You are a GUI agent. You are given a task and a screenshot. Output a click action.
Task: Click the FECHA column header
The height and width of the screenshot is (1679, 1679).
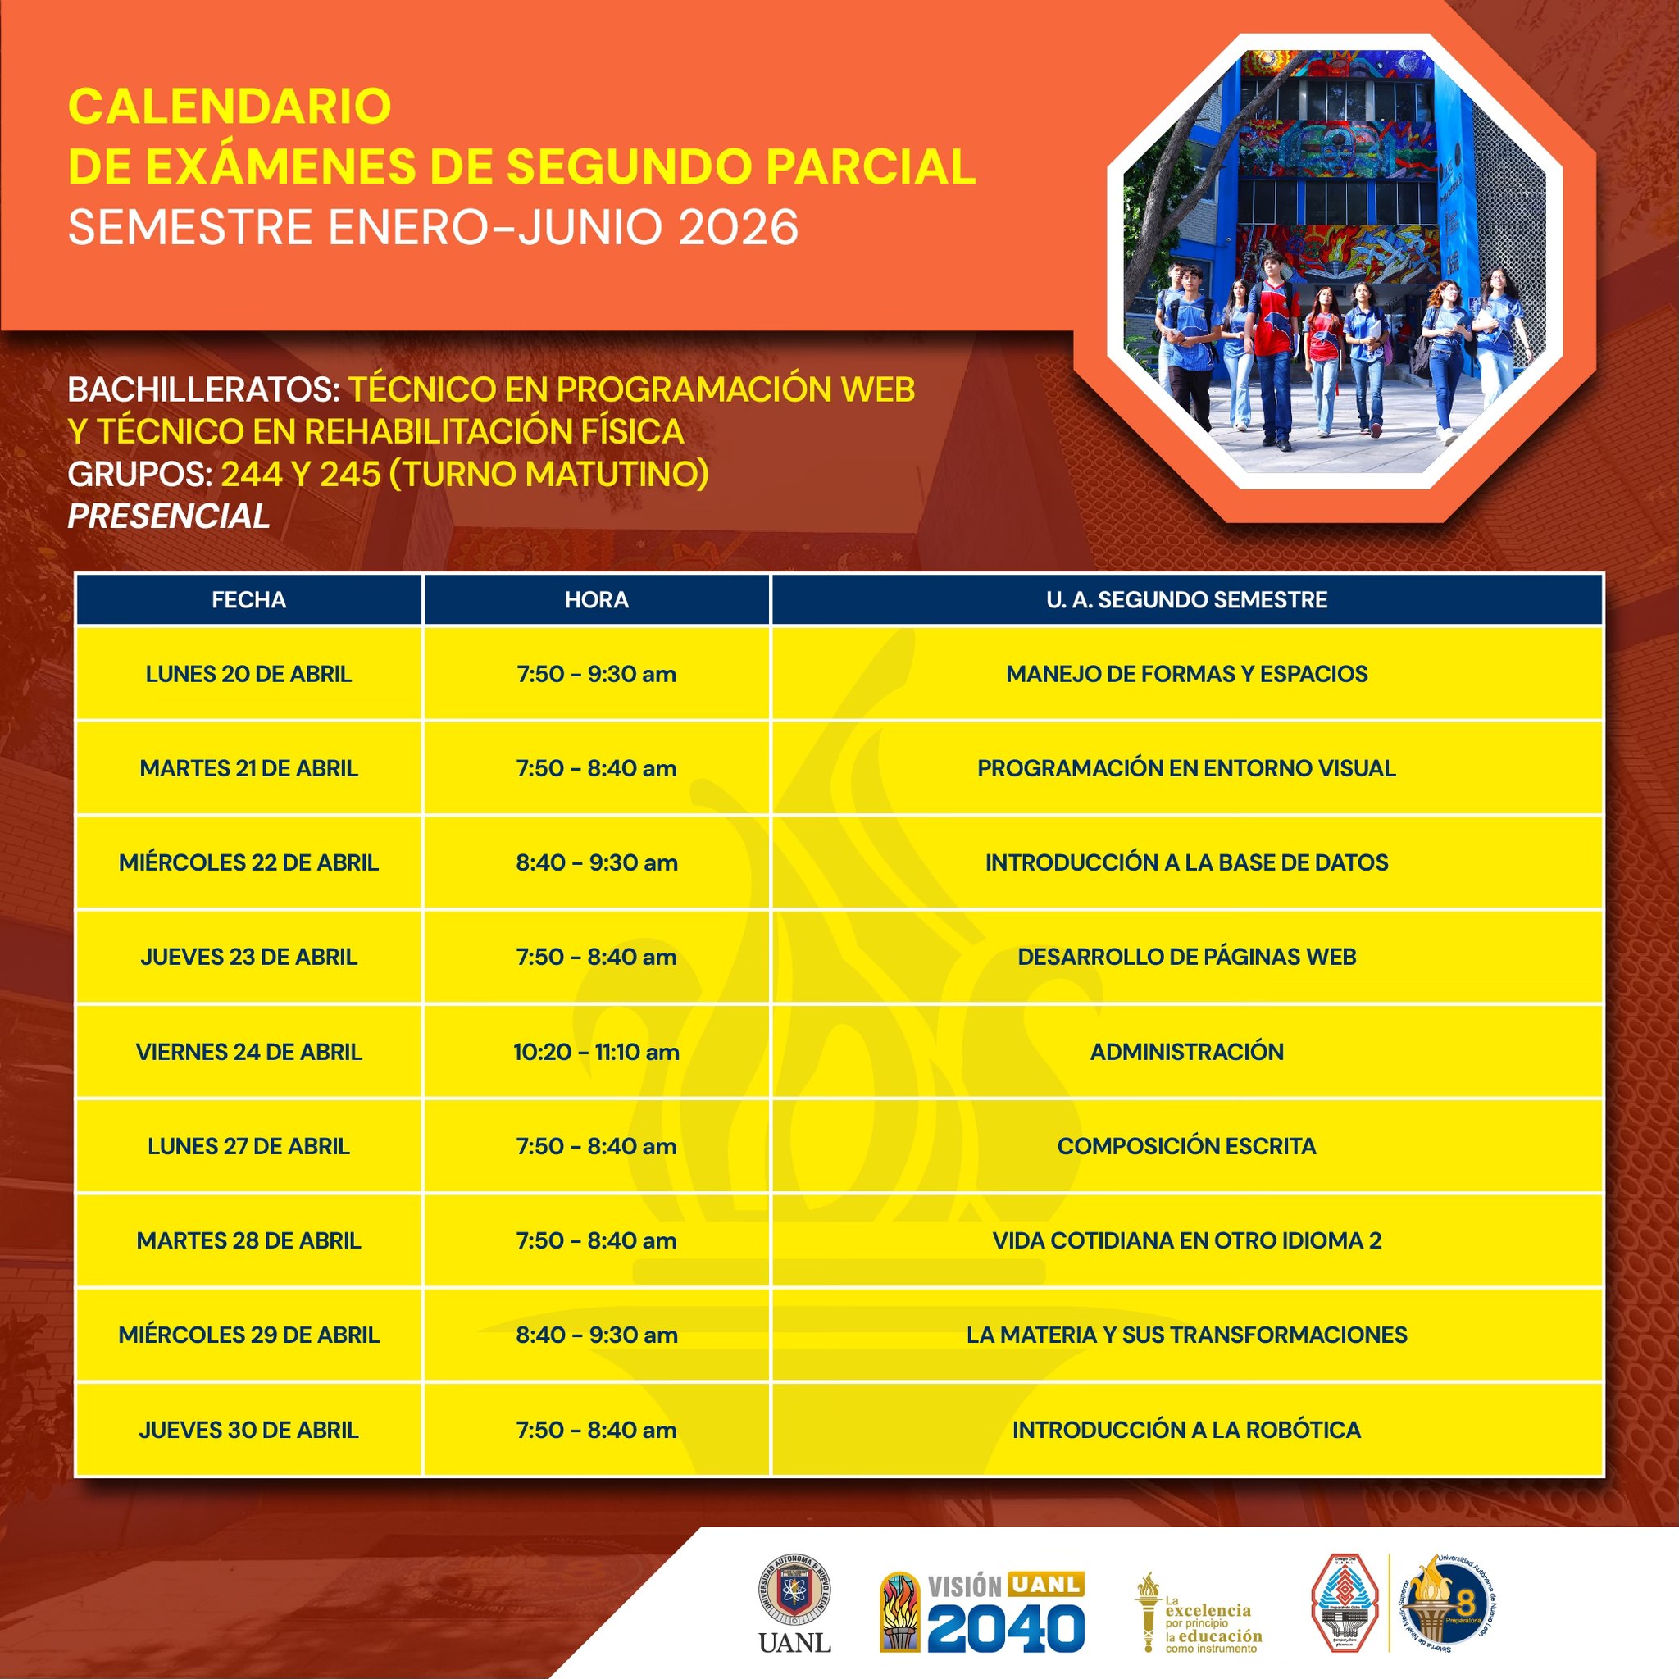tap(248, 599)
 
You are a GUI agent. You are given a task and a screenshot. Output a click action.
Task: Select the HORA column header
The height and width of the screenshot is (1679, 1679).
tap(596, 599)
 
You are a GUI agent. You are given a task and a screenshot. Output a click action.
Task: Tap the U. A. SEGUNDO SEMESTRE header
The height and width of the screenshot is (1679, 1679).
tap(1186, 599)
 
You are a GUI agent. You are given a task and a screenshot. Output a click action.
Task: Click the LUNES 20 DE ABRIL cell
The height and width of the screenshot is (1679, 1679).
tap(248, 674)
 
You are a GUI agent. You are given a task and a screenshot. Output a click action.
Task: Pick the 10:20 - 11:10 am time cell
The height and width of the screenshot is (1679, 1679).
tap(596, 1052)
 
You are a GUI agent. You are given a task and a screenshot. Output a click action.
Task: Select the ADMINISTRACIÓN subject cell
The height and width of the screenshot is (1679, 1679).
tap(1186, 1052)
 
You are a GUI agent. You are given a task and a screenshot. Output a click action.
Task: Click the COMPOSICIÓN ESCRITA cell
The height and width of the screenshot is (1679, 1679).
tap(1186, 1146)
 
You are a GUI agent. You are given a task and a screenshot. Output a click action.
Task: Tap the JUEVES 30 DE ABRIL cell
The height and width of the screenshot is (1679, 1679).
tap(248, 1430)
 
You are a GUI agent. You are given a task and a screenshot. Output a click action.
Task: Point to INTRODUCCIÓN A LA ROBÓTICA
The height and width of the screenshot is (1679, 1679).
tap(1186, 1430)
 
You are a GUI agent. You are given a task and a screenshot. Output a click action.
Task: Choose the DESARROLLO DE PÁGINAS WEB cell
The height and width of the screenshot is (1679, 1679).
tap(1186, 957)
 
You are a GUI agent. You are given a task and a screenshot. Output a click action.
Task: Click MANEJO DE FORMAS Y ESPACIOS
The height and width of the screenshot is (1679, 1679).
tap(1186, 674)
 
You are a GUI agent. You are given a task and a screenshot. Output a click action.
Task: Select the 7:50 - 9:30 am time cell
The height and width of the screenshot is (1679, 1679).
tap(596, 674)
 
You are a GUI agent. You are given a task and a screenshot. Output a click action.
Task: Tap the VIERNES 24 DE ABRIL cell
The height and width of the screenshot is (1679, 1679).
tap(248, 1052)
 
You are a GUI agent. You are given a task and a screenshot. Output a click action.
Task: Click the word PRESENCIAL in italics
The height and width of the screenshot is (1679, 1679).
tap(169, 516)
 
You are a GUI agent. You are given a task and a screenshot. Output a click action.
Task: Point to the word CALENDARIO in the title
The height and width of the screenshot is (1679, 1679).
tap(230, 106)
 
